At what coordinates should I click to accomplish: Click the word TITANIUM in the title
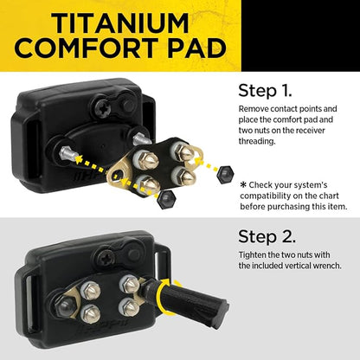pos(120,23)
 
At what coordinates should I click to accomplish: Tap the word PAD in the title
pos(197,48)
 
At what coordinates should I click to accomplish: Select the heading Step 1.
pos(265,91)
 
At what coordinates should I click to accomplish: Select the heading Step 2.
pos(267,236)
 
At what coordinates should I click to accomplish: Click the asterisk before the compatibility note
pos(243,184)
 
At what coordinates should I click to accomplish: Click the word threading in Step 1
pos(257,141)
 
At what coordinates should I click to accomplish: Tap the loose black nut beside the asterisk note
pos(225,174)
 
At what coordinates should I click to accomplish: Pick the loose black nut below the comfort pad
pos(165,199)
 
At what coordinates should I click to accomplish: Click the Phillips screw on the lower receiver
pos(106,257)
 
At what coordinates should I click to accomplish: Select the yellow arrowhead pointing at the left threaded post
pos(79,158)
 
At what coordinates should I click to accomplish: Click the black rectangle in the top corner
pos(300,35)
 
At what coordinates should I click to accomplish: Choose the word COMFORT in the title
pos(87,48)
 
